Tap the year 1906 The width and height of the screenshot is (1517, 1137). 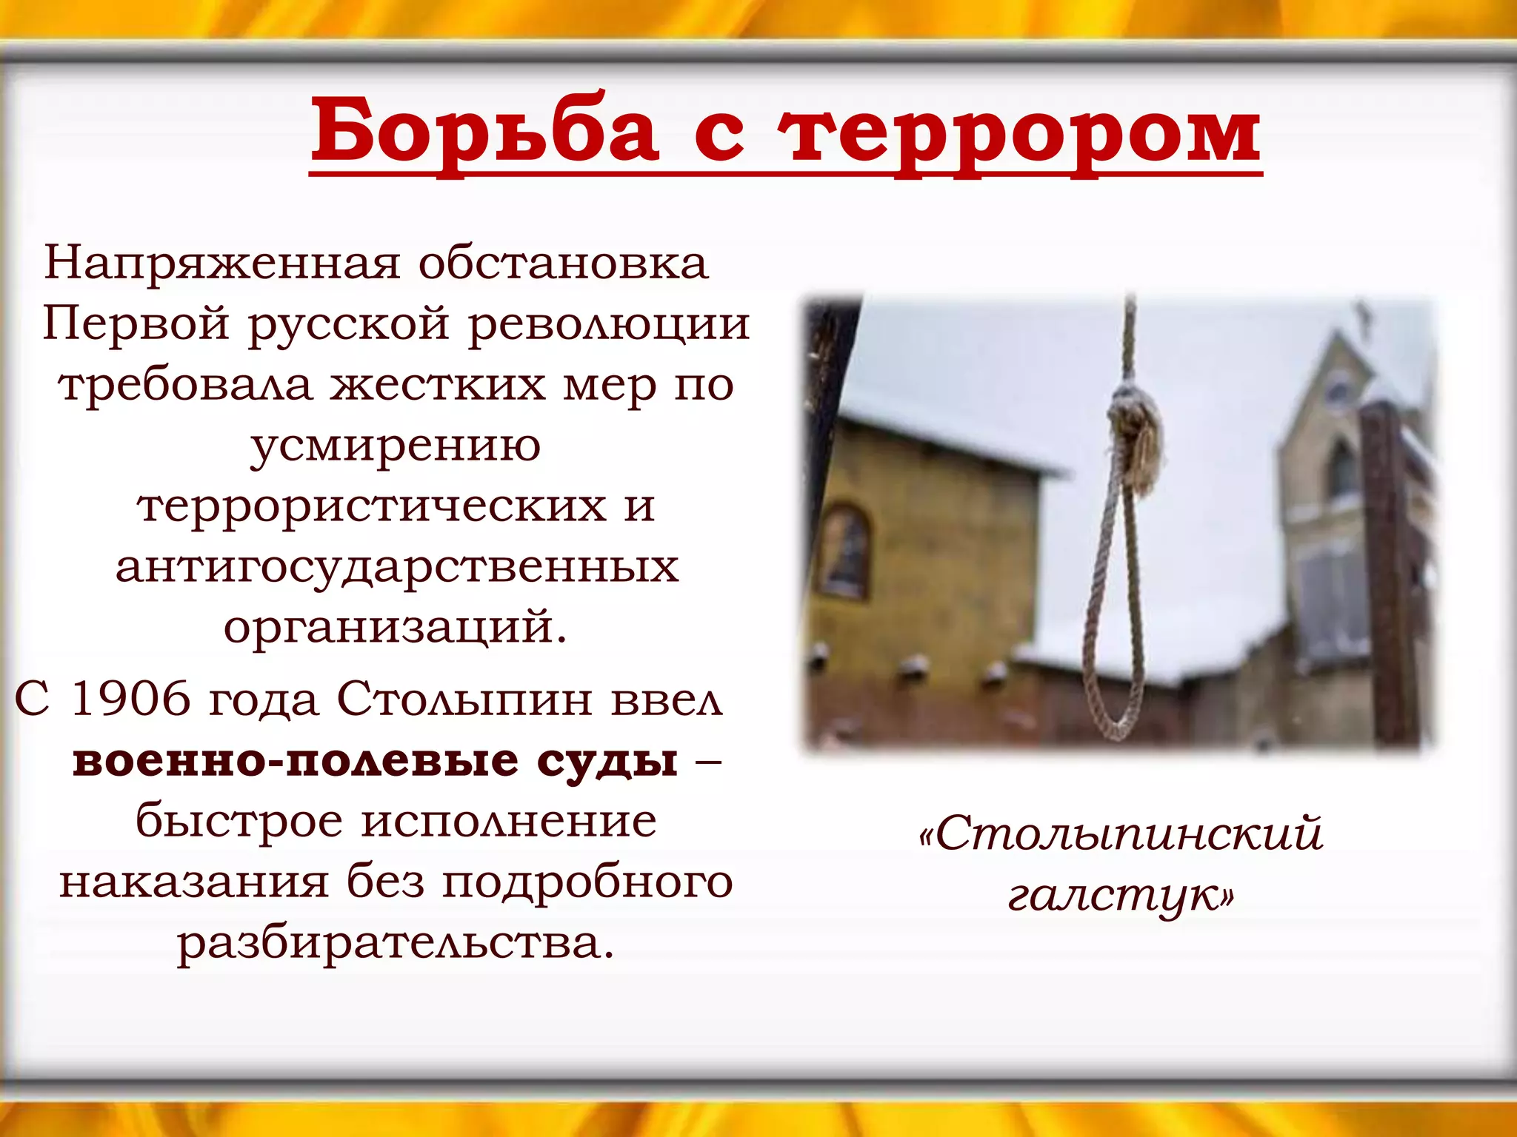130,699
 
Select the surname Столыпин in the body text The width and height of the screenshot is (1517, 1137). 464,699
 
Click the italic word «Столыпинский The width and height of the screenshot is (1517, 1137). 1120,834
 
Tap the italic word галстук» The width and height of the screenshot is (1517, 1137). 1120,896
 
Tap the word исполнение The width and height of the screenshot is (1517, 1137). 509,822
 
